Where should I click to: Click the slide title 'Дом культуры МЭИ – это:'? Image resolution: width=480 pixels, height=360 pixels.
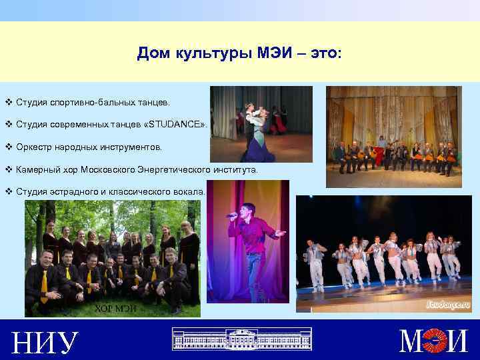pyautogui.click(x=239, y=53)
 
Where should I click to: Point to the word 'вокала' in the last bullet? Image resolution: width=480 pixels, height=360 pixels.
pyautogui.click(x=188, y=192)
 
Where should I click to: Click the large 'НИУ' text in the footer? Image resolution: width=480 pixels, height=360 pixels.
pyautogui.click(x=45, y=342)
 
